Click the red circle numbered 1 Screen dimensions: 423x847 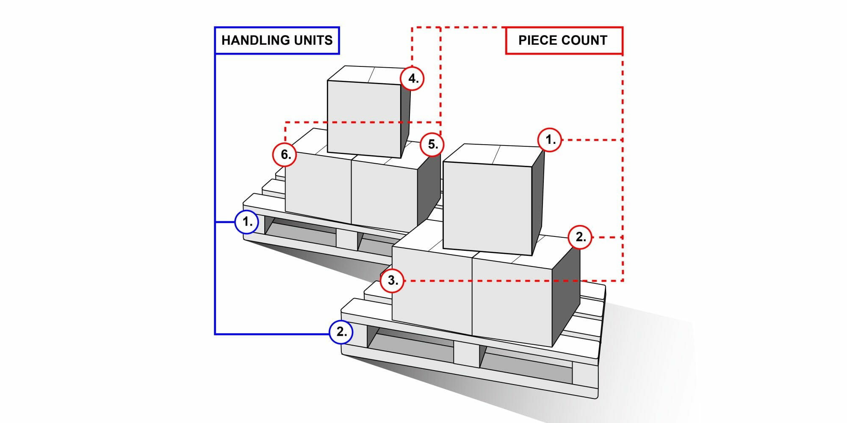click(550, 140)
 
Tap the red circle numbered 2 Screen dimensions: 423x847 click(580, 237)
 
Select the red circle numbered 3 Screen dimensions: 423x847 click(392, 280)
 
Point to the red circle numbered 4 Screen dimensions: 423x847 click(412, 79)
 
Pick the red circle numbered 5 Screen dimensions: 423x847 click(432, 144)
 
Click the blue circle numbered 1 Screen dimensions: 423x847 click(247, 222)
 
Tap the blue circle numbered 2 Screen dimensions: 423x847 click(341, 332)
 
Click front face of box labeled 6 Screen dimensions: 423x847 click(318, 188)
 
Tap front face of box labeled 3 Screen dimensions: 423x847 click(432, 296)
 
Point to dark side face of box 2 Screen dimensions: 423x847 click(566, 296)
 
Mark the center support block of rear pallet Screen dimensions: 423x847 click(347, 239)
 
